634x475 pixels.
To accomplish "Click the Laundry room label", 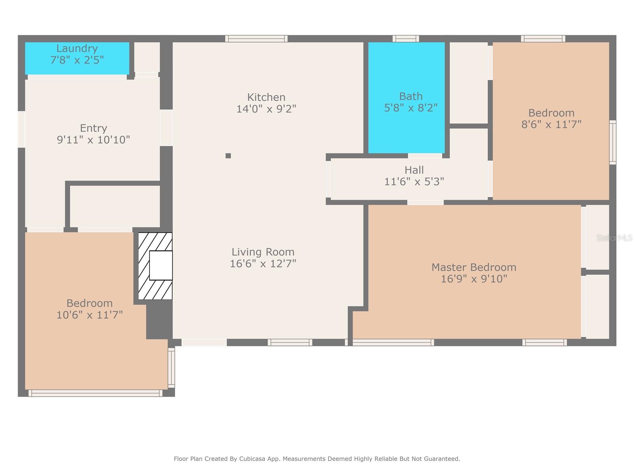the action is [77, 48].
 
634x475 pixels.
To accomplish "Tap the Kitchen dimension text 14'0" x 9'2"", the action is [266, 109].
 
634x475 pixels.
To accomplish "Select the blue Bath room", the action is [406, 98].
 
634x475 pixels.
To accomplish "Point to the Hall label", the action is [414, 170].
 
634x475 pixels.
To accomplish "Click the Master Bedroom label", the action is [474, 267].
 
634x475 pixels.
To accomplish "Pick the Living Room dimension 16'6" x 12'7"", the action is [263, 263].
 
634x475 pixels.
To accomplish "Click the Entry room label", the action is [93, 128].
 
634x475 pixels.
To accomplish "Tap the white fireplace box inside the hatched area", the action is [161, 265].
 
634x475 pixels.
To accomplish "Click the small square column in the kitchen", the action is [228, 156].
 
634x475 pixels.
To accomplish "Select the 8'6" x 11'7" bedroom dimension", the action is [551, 124].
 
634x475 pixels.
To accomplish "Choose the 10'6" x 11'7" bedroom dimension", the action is [90, 315].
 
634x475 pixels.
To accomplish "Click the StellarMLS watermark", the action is [614, 237].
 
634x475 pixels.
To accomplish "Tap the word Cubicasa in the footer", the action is [252, 458].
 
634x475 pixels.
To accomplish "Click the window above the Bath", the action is [405, 39].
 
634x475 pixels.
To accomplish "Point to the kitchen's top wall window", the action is [256, 39].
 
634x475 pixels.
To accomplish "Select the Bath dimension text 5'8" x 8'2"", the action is [411, 108].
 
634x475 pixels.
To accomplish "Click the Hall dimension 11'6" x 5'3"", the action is [414, 181].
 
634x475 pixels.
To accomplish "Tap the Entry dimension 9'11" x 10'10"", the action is [93, 140].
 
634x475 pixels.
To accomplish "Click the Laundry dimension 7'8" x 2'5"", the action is [77, 60].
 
